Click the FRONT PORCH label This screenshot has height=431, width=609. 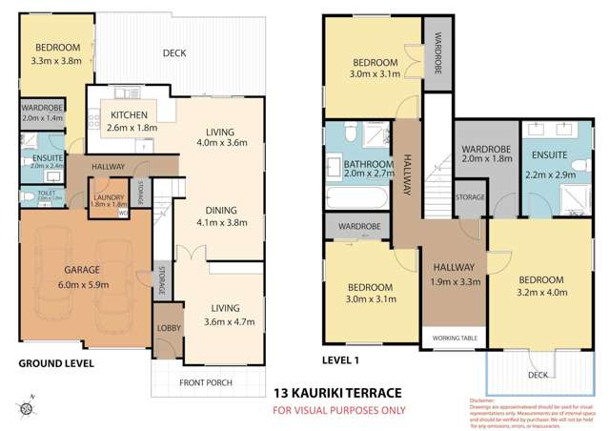tap(205, 384)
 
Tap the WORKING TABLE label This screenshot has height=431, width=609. tap(455, 339)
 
